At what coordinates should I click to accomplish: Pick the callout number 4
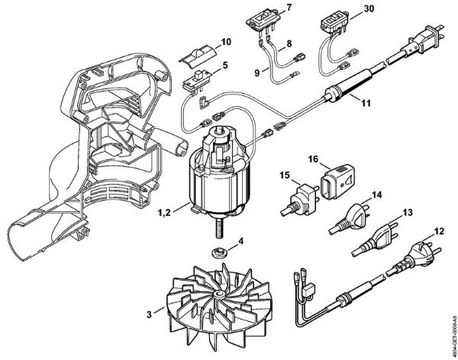pyautogui.click(x=241, y=243)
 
